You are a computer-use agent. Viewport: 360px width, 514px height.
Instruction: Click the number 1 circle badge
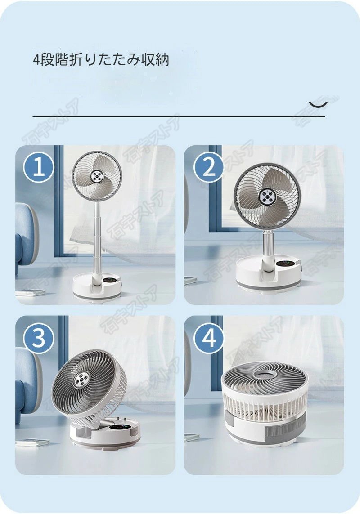(39, 167)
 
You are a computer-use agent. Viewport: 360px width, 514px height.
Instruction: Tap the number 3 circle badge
(39, 338)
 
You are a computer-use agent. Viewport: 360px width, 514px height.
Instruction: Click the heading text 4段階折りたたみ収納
(101, 60)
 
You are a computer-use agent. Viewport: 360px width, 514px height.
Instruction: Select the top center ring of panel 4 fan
(265, 373)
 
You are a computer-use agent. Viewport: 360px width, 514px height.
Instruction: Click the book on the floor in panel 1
(31, 293)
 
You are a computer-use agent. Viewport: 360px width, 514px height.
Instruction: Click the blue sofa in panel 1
(25, 234)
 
